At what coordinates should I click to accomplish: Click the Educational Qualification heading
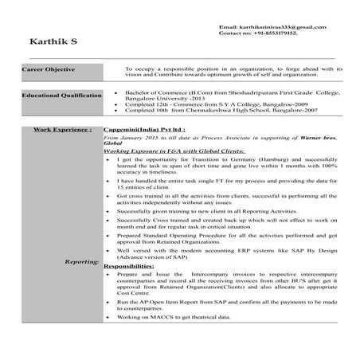61,95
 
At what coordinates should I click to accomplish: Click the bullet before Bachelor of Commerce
116,92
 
